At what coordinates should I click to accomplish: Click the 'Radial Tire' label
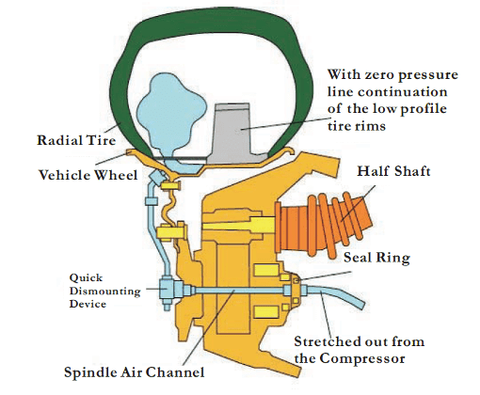pyautogui.click(x=76, y=140)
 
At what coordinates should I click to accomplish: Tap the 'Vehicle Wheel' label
pyautogui.click(x=88, y=175)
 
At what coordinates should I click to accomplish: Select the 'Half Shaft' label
pyautogui.click(x=393, y=171)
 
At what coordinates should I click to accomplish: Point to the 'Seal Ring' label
pyautogui.click(x=376, y=258)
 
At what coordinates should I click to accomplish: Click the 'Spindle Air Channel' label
pyautogui.click(x=135, y=372)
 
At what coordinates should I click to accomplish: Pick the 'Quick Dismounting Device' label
pyautogui.click(x=104, y=291)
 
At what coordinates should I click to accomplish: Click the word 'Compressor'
pyautogui.click(x=362, y=358)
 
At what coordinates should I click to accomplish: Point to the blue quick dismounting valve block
pyautogui.click(x=168, y=289)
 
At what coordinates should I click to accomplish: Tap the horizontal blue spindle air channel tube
pyautogui.click(x=237, y=291)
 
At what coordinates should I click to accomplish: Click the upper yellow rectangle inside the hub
pyautogui.click(x=266, y=270)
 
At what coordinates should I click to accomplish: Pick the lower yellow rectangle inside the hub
pyautogui.click(x=266, y=312)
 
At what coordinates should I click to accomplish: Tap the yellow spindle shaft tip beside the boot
pyautogui.click(x=239, y=225)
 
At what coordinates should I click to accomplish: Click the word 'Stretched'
pyautogui.click(x=326, y=341)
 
